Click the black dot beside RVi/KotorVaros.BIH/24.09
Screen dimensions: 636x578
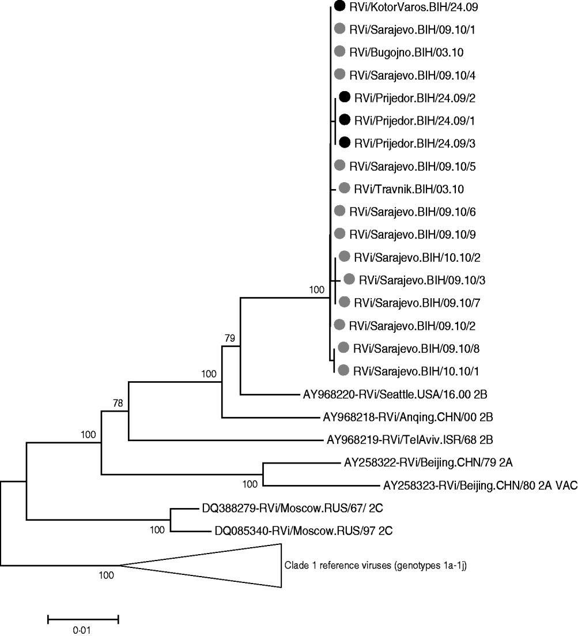point(339,7)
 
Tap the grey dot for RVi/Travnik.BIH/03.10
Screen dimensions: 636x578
point(345,188)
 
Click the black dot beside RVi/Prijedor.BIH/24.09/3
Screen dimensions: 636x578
point(345,142)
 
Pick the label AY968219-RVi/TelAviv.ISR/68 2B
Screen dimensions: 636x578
point(410,440)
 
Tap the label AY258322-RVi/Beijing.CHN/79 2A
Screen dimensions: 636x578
point(420,462)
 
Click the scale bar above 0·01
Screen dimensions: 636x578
point(82,619)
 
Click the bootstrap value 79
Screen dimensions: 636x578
point(229,338)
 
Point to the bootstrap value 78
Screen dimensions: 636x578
point(118,403)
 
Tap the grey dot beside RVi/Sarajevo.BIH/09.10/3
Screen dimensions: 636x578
point(349,279)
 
